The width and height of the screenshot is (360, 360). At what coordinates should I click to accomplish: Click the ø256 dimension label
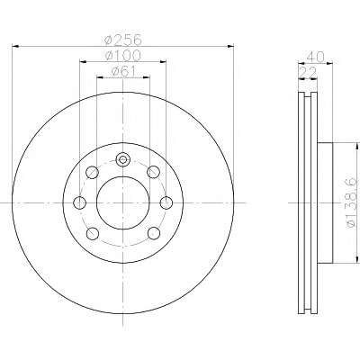(x=123, y=40)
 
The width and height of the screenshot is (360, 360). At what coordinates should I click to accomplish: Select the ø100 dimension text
(x=123, y=55)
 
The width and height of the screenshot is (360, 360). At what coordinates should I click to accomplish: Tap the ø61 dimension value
(x=123, y=71)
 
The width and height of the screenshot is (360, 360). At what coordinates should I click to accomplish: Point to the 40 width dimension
(x=316, y=57)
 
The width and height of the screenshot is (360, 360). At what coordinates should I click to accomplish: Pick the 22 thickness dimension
(x=308, y=72)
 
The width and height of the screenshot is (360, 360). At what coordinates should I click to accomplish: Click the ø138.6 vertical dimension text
(x=353, y=202)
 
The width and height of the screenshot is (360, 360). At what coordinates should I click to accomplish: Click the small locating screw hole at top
(x=122, y=159)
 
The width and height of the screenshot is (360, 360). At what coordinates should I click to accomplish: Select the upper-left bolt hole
(x=92, y=172)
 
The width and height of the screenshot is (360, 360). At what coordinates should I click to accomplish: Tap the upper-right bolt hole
(x=153, y=172)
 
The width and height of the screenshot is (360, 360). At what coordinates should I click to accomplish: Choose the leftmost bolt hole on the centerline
(x=79, y=202)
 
